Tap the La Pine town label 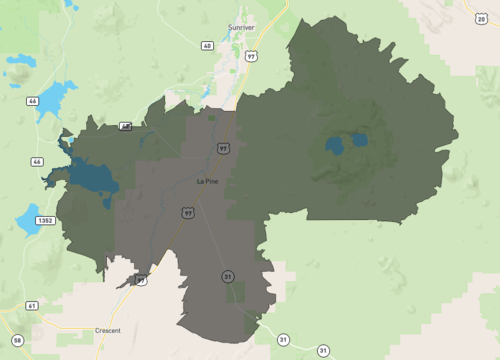[206, 181]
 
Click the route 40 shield [207, 46]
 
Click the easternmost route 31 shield [323, 350]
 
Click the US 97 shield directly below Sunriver [250, 58]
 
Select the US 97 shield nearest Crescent [141, 281]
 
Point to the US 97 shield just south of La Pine [187, 212]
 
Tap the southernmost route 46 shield [37, 161]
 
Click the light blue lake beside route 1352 [27, 217]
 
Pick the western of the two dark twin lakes [334, 146]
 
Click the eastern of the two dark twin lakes [357, 140]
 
